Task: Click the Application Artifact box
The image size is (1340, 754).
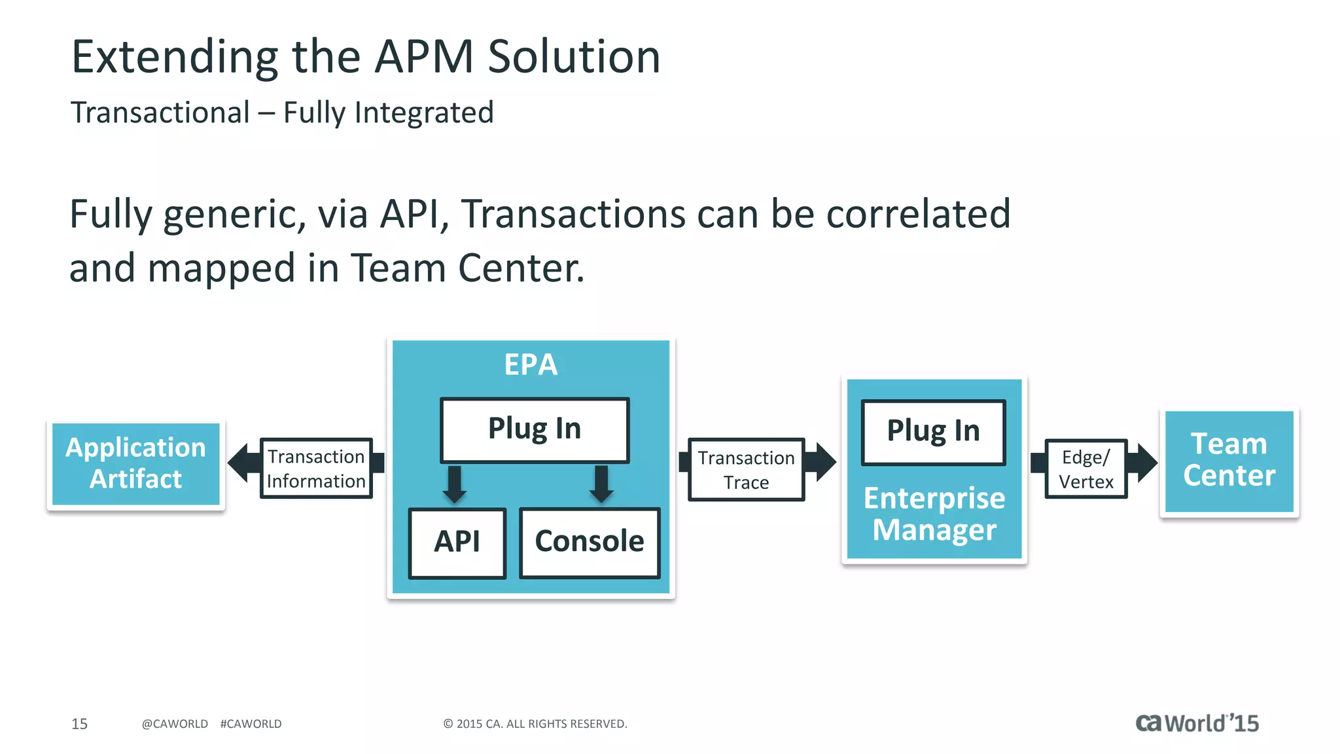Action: coord(135,463)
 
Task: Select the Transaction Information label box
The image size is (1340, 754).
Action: coord(316,469)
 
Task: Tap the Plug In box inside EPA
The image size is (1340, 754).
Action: coord(535,429)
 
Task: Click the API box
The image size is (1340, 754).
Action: coord(457,543)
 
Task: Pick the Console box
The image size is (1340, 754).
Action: coord(590,543)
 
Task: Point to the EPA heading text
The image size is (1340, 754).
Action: coord(531,365)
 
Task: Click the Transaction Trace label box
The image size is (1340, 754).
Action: coord(746,470)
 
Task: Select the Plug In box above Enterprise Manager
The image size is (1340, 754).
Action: coord(933,432)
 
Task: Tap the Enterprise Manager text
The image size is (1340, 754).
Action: coord(934,514)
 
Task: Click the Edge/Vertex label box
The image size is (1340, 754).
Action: coord(1085,469)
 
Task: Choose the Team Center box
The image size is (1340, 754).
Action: coord(1229,461)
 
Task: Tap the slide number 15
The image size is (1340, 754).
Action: coord(79,724)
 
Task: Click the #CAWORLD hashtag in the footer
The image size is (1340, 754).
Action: coord(251,724)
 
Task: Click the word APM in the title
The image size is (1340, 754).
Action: coord(423,57)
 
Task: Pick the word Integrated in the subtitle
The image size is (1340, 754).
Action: coord(424,113)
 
